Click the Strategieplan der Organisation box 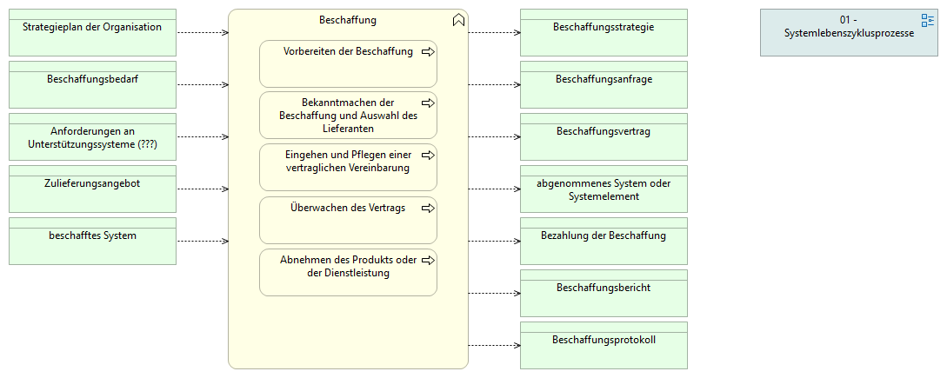coord(92,32)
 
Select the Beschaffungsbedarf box coord(92,84)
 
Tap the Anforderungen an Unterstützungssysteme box coord(92,136)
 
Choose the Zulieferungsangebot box coord(92,189)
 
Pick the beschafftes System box coord(92,241)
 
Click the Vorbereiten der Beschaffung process coord(348,63)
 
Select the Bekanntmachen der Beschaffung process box coord(348,116)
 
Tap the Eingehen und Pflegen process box coord(348,168)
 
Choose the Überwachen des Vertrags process coord(348,220)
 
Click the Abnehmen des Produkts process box coord(348,272)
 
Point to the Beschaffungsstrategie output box coord(604,32)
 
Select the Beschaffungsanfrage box coord(604,84)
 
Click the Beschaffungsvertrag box coord(604,136)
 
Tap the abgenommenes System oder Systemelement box coord(604,189)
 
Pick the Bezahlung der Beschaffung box coord(604,241)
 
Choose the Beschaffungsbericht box coord(604,293)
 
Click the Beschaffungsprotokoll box coord(604,345)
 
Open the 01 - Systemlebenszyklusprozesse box coord(849,32)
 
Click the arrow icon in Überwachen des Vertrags coord(427,209)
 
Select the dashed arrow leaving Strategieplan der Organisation coord(202,32)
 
